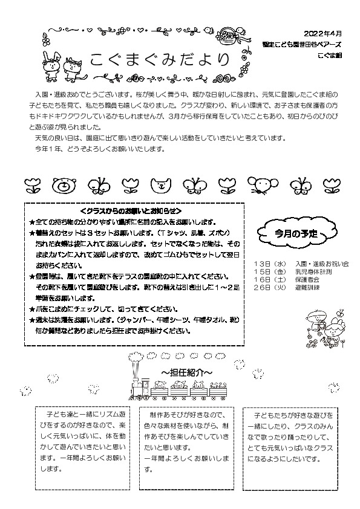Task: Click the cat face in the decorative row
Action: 162,184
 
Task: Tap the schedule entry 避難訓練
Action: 307,287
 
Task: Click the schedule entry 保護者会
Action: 307,279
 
